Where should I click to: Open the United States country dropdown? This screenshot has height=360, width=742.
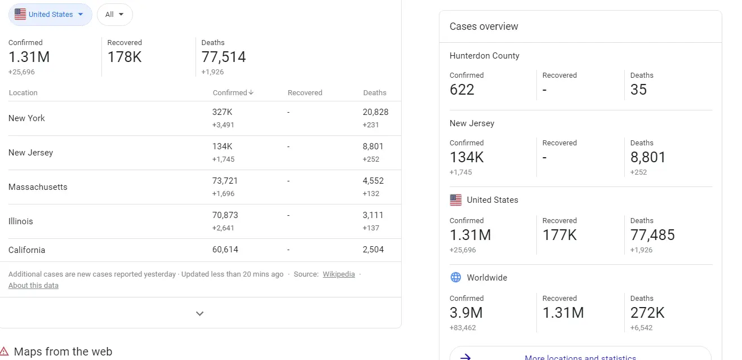[x=50, y=15]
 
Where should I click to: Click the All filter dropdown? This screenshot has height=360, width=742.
[x=114, y=15]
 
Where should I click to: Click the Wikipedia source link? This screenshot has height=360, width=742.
[x=339, y=274]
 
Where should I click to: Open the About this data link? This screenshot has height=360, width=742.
[x=33, y=286]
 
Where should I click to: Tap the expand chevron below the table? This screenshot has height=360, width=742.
[x=199, y=313]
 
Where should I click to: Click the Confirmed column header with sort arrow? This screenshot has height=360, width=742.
[x=233, y=93]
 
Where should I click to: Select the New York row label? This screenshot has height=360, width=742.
[x=26, y=118]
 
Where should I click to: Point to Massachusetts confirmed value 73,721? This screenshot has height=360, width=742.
[x=225, y=181]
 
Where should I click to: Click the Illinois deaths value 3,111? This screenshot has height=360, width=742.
[x=372, y=215]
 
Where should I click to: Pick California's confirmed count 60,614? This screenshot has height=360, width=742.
[x=225, y=250]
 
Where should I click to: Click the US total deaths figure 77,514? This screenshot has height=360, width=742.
[x=224, y=57]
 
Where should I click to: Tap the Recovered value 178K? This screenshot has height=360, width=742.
[x=125, y=57]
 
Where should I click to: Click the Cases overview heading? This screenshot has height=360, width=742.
[x=483, y=26]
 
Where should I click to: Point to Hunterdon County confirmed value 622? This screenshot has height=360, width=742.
[x=462, y=90]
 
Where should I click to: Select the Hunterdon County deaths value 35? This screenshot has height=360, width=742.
[x=638, y=90]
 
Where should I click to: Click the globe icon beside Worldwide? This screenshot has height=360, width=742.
[x=455, y=277]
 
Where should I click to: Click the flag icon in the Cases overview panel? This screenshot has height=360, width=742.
[x=455, y=200]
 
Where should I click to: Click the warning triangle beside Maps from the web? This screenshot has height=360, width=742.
[x=4, y=352]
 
